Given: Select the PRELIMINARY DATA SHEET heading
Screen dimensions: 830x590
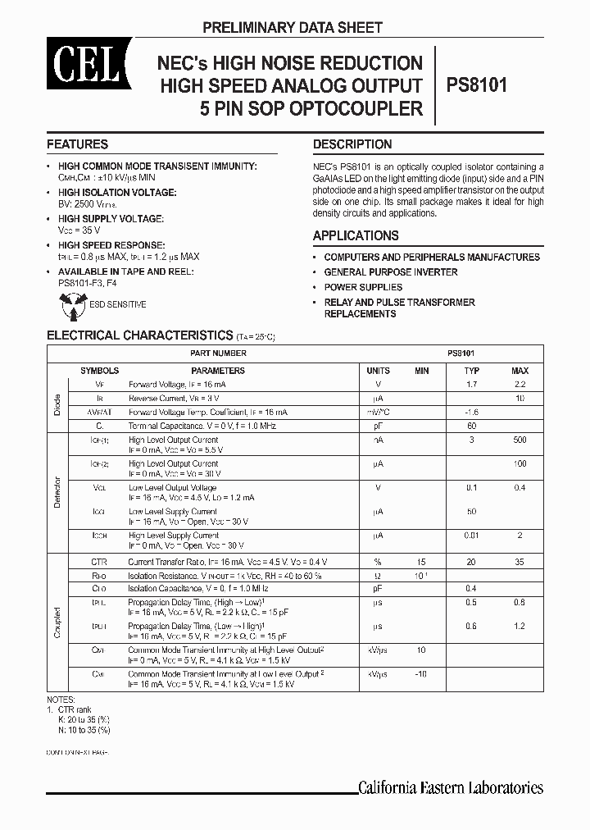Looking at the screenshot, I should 293,28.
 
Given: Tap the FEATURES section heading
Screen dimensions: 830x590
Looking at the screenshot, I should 77,144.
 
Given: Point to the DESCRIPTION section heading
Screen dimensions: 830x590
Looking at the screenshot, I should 352,144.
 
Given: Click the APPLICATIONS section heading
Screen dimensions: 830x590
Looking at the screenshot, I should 356,235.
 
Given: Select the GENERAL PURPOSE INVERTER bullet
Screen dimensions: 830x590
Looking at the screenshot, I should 390,272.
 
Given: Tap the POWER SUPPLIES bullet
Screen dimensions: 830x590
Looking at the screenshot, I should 363,287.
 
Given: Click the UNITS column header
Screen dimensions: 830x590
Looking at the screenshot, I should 378,371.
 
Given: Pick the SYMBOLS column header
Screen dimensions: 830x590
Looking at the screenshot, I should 99,371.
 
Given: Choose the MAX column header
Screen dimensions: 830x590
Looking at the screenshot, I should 520,371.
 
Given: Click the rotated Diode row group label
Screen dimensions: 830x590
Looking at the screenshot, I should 57,403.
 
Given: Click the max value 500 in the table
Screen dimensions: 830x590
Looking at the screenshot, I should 520,440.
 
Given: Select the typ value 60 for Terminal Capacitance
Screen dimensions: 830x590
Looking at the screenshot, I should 472,426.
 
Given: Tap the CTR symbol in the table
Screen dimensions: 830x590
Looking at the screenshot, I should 100,562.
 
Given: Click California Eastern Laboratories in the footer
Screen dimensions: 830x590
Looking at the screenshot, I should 451,787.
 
